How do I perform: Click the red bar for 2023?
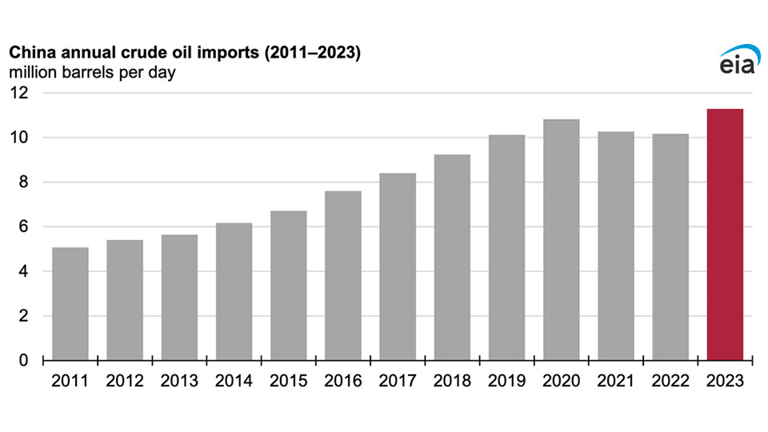click(x=725, y=234)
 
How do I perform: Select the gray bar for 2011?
click(x=70, y=304)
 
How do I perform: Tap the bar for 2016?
click(x=343, y=275)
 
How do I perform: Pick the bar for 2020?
click(x=561, y=240)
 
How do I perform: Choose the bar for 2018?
click(x=452, y=258)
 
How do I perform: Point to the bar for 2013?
click(x=179, y=298)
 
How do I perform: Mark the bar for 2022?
click(x=670, y=247)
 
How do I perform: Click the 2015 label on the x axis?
click(x=288, y=380)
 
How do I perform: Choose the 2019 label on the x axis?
click(x=506, y=380)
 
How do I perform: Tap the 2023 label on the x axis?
click(x=725, y=380)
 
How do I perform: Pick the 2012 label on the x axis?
click(x=124, y=380)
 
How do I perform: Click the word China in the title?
click(x=28, y=53)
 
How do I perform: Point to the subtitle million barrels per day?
click(x=92, y=73)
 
